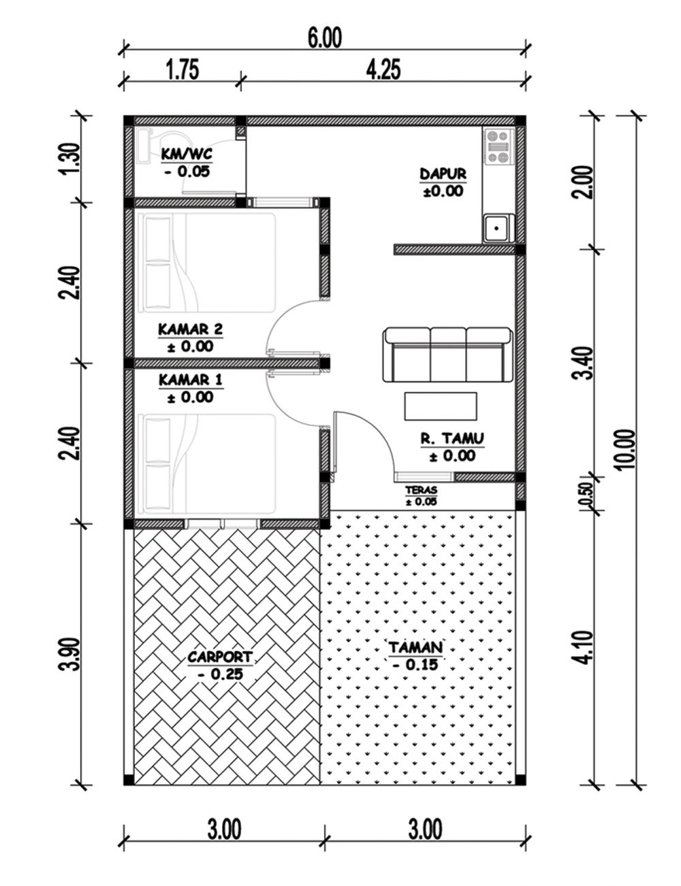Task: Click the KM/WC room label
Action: click(x=187, y=154)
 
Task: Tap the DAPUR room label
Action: click(x=443, y=174)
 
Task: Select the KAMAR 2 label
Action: click(x=190, y=329)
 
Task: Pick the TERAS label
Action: click(x=421, y=490)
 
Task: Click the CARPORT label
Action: click(x=220, y=657)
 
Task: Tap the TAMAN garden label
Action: click(x=416, y=646)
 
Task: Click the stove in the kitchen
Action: click(x=499, y=146)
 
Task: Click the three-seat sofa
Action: click(x=447, y=355)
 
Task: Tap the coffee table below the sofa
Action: click(x=441, y=406)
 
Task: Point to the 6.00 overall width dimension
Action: click(x=324, y=37)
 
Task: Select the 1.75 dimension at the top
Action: click(x=182, y=70)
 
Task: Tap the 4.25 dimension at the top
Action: click(x=383, y=70)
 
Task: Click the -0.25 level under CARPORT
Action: click(x=220, y=674)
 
